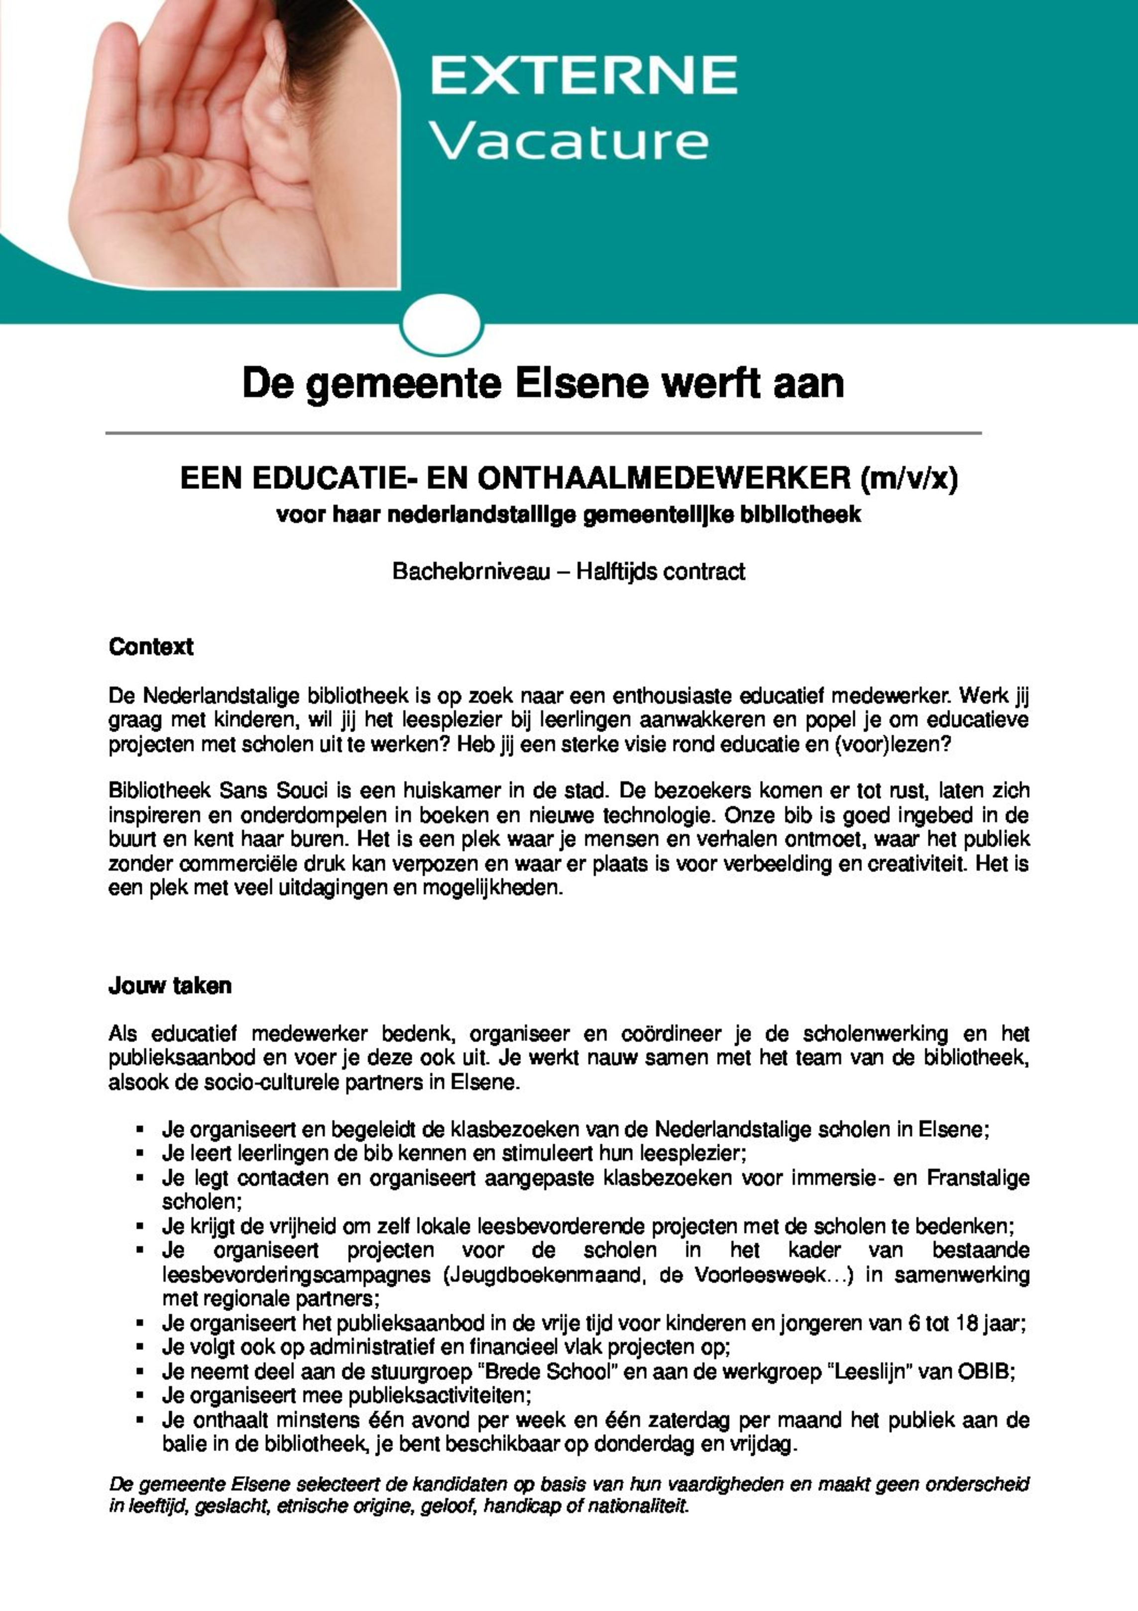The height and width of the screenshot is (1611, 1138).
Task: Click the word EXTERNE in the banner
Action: pyautogui.click(x=583, y=76)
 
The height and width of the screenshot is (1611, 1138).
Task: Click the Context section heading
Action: pyautogui.click(x=151, y=646)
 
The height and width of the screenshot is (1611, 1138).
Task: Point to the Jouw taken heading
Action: pyautogui.click(x=170, y=986)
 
